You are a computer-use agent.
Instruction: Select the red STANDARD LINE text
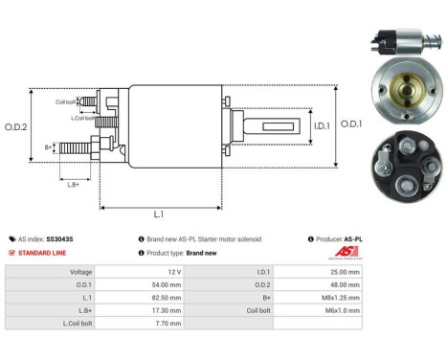(x=47, y=253)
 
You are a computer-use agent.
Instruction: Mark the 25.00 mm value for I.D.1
(x=342, y=272)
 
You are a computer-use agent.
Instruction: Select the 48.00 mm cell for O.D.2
(x=342, y=284)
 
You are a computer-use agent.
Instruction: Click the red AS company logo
(x=346, y=252)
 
